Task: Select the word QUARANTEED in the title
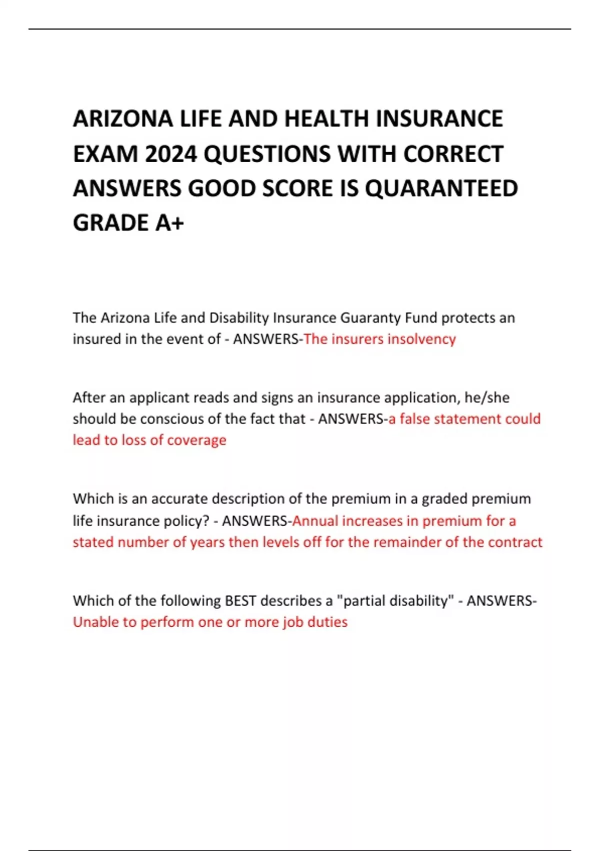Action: click(441, 188)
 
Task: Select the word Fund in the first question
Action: click(421, 318)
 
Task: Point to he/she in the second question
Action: click(486, 398)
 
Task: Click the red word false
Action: click(414, 419)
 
